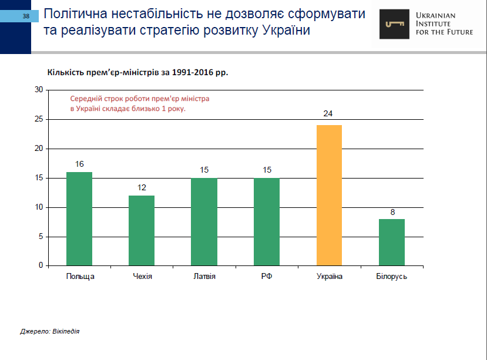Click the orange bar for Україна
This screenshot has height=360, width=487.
[329, 195]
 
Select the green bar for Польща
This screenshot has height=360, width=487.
[79, 218]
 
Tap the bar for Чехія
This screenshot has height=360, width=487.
[142, 230]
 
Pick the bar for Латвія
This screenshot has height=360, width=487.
[204, 221]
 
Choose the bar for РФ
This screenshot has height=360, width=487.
[267, 221]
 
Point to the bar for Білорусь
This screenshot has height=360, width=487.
[391, 242]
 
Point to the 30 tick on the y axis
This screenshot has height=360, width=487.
[39, 90]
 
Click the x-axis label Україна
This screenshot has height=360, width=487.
[329, 276]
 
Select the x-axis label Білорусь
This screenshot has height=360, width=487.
[392, 276]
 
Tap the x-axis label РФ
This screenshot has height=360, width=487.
[267, 276]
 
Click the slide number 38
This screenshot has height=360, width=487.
[26, 16]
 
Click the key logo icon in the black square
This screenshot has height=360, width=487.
[394, 24]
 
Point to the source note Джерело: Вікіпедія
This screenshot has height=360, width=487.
[49, 331]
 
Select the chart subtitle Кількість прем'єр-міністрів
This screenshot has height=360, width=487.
[137, 72]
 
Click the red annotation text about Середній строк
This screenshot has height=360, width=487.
[140, 104]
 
